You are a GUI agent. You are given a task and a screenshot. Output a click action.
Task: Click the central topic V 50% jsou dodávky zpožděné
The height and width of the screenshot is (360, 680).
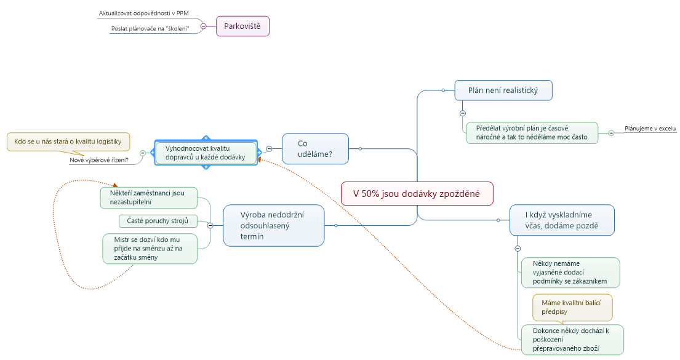tap(417, 193)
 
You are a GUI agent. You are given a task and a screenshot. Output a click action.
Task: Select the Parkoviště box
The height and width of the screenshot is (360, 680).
tap(242, 26)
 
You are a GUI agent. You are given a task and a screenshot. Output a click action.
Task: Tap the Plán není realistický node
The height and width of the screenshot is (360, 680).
tap(503, 90)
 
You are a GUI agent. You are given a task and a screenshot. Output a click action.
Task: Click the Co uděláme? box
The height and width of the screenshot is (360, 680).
tap(315, 148)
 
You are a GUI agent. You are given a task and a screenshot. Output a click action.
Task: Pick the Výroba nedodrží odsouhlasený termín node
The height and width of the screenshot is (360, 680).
tap(273, 225)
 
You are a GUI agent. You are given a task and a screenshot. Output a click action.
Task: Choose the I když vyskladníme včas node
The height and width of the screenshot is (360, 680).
tap(561, 220)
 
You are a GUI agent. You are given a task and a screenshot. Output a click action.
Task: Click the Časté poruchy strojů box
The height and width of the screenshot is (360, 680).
tap(158, 220)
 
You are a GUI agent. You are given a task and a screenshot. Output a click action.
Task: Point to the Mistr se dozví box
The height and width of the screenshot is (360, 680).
tap(150, 249)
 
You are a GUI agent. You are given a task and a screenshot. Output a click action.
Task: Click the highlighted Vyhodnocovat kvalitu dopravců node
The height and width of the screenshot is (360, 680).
tap(206, 152)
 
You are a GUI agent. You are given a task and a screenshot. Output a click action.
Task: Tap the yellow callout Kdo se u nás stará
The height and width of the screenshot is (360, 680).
tap(68, 142)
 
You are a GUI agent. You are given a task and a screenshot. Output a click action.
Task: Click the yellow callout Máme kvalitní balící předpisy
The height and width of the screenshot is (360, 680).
tap(572, 307)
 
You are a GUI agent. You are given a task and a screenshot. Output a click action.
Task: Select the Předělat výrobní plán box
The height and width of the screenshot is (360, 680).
tap(531, 132)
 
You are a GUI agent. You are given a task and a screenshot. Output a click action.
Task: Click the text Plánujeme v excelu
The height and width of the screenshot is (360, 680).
tap(650, 129)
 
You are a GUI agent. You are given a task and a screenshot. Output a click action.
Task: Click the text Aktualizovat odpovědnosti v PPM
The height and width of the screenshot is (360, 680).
tap(143, 13)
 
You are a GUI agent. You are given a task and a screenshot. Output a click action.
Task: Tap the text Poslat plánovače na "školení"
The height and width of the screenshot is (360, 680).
tap(150, 29)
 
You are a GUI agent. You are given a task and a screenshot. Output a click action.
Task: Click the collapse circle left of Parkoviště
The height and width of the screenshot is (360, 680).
tap(204, 26)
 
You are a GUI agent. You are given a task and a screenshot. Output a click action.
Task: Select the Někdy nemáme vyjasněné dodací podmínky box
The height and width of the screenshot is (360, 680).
tap(570, 272)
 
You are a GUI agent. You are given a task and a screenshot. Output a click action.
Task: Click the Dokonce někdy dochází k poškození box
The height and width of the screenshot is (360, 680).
tap(572, 340)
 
